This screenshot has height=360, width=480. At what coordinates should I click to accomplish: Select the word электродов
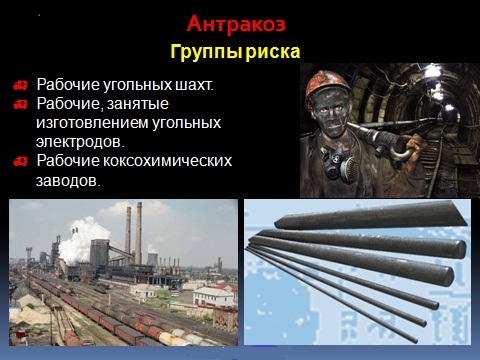click(x=75, y=141)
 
